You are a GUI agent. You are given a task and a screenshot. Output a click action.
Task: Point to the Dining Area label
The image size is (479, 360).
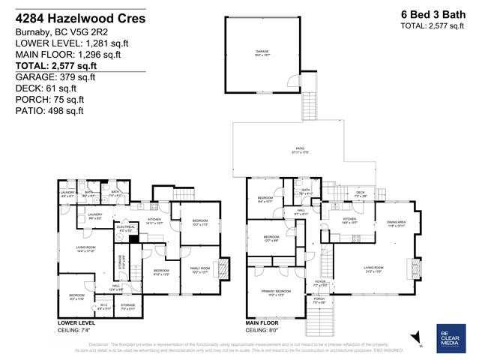[396, 223]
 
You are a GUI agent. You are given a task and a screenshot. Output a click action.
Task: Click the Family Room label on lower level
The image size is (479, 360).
[200, 270]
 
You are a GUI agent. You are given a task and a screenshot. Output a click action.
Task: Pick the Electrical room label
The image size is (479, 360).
[124, 229]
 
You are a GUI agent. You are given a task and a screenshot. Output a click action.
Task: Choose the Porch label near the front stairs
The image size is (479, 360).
[319, 300]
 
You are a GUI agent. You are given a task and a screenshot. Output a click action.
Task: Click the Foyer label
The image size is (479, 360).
[319, 285]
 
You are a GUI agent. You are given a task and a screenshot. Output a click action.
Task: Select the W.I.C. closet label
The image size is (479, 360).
[105, 305]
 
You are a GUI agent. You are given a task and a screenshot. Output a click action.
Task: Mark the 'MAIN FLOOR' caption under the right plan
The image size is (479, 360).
[264, 323]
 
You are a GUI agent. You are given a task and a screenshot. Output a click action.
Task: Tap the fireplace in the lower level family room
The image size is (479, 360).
[221, 268]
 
